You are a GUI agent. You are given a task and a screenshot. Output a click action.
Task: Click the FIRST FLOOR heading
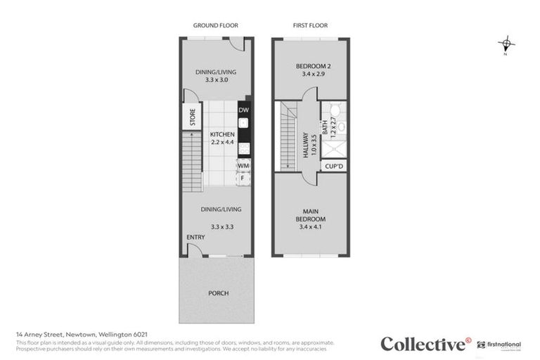tap(310, 25)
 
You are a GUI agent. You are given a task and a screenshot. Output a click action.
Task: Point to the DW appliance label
tap(243, 110)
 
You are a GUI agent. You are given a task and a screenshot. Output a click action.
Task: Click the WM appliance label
tap(243, 165)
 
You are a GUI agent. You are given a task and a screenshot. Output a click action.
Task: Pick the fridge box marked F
tap(243, 177)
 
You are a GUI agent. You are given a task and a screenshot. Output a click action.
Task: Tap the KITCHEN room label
tap(221, 134)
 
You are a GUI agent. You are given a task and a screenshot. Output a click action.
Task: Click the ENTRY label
tap(195, 237)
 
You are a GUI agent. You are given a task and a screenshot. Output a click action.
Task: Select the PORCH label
tap(218, 292)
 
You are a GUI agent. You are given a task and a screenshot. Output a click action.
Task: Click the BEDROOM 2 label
tap(310, 66)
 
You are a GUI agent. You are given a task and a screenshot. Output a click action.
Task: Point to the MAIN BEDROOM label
tap(310, 214)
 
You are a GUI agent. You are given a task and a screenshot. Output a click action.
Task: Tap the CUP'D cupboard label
tap(333, 167)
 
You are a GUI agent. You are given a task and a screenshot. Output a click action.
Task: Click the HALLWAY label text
tap(306, 146)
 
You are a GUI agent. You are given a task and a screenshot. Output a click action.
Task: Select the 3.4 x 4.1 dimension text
tap(310, 227)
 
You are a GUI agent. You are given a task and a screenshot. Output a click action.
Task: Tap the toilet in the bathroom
tap(335, 112)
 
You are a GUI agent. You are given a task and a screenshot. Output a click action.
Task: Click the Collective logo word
tap(422, 344)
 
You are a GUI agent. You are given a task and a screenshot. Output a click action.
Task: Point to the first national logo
tap(501, 345)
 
